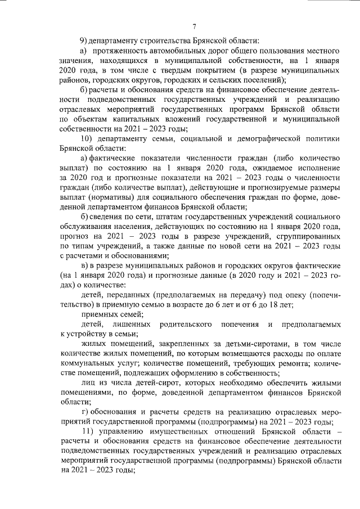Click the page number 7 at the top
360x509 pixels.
tap(193, 25)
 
